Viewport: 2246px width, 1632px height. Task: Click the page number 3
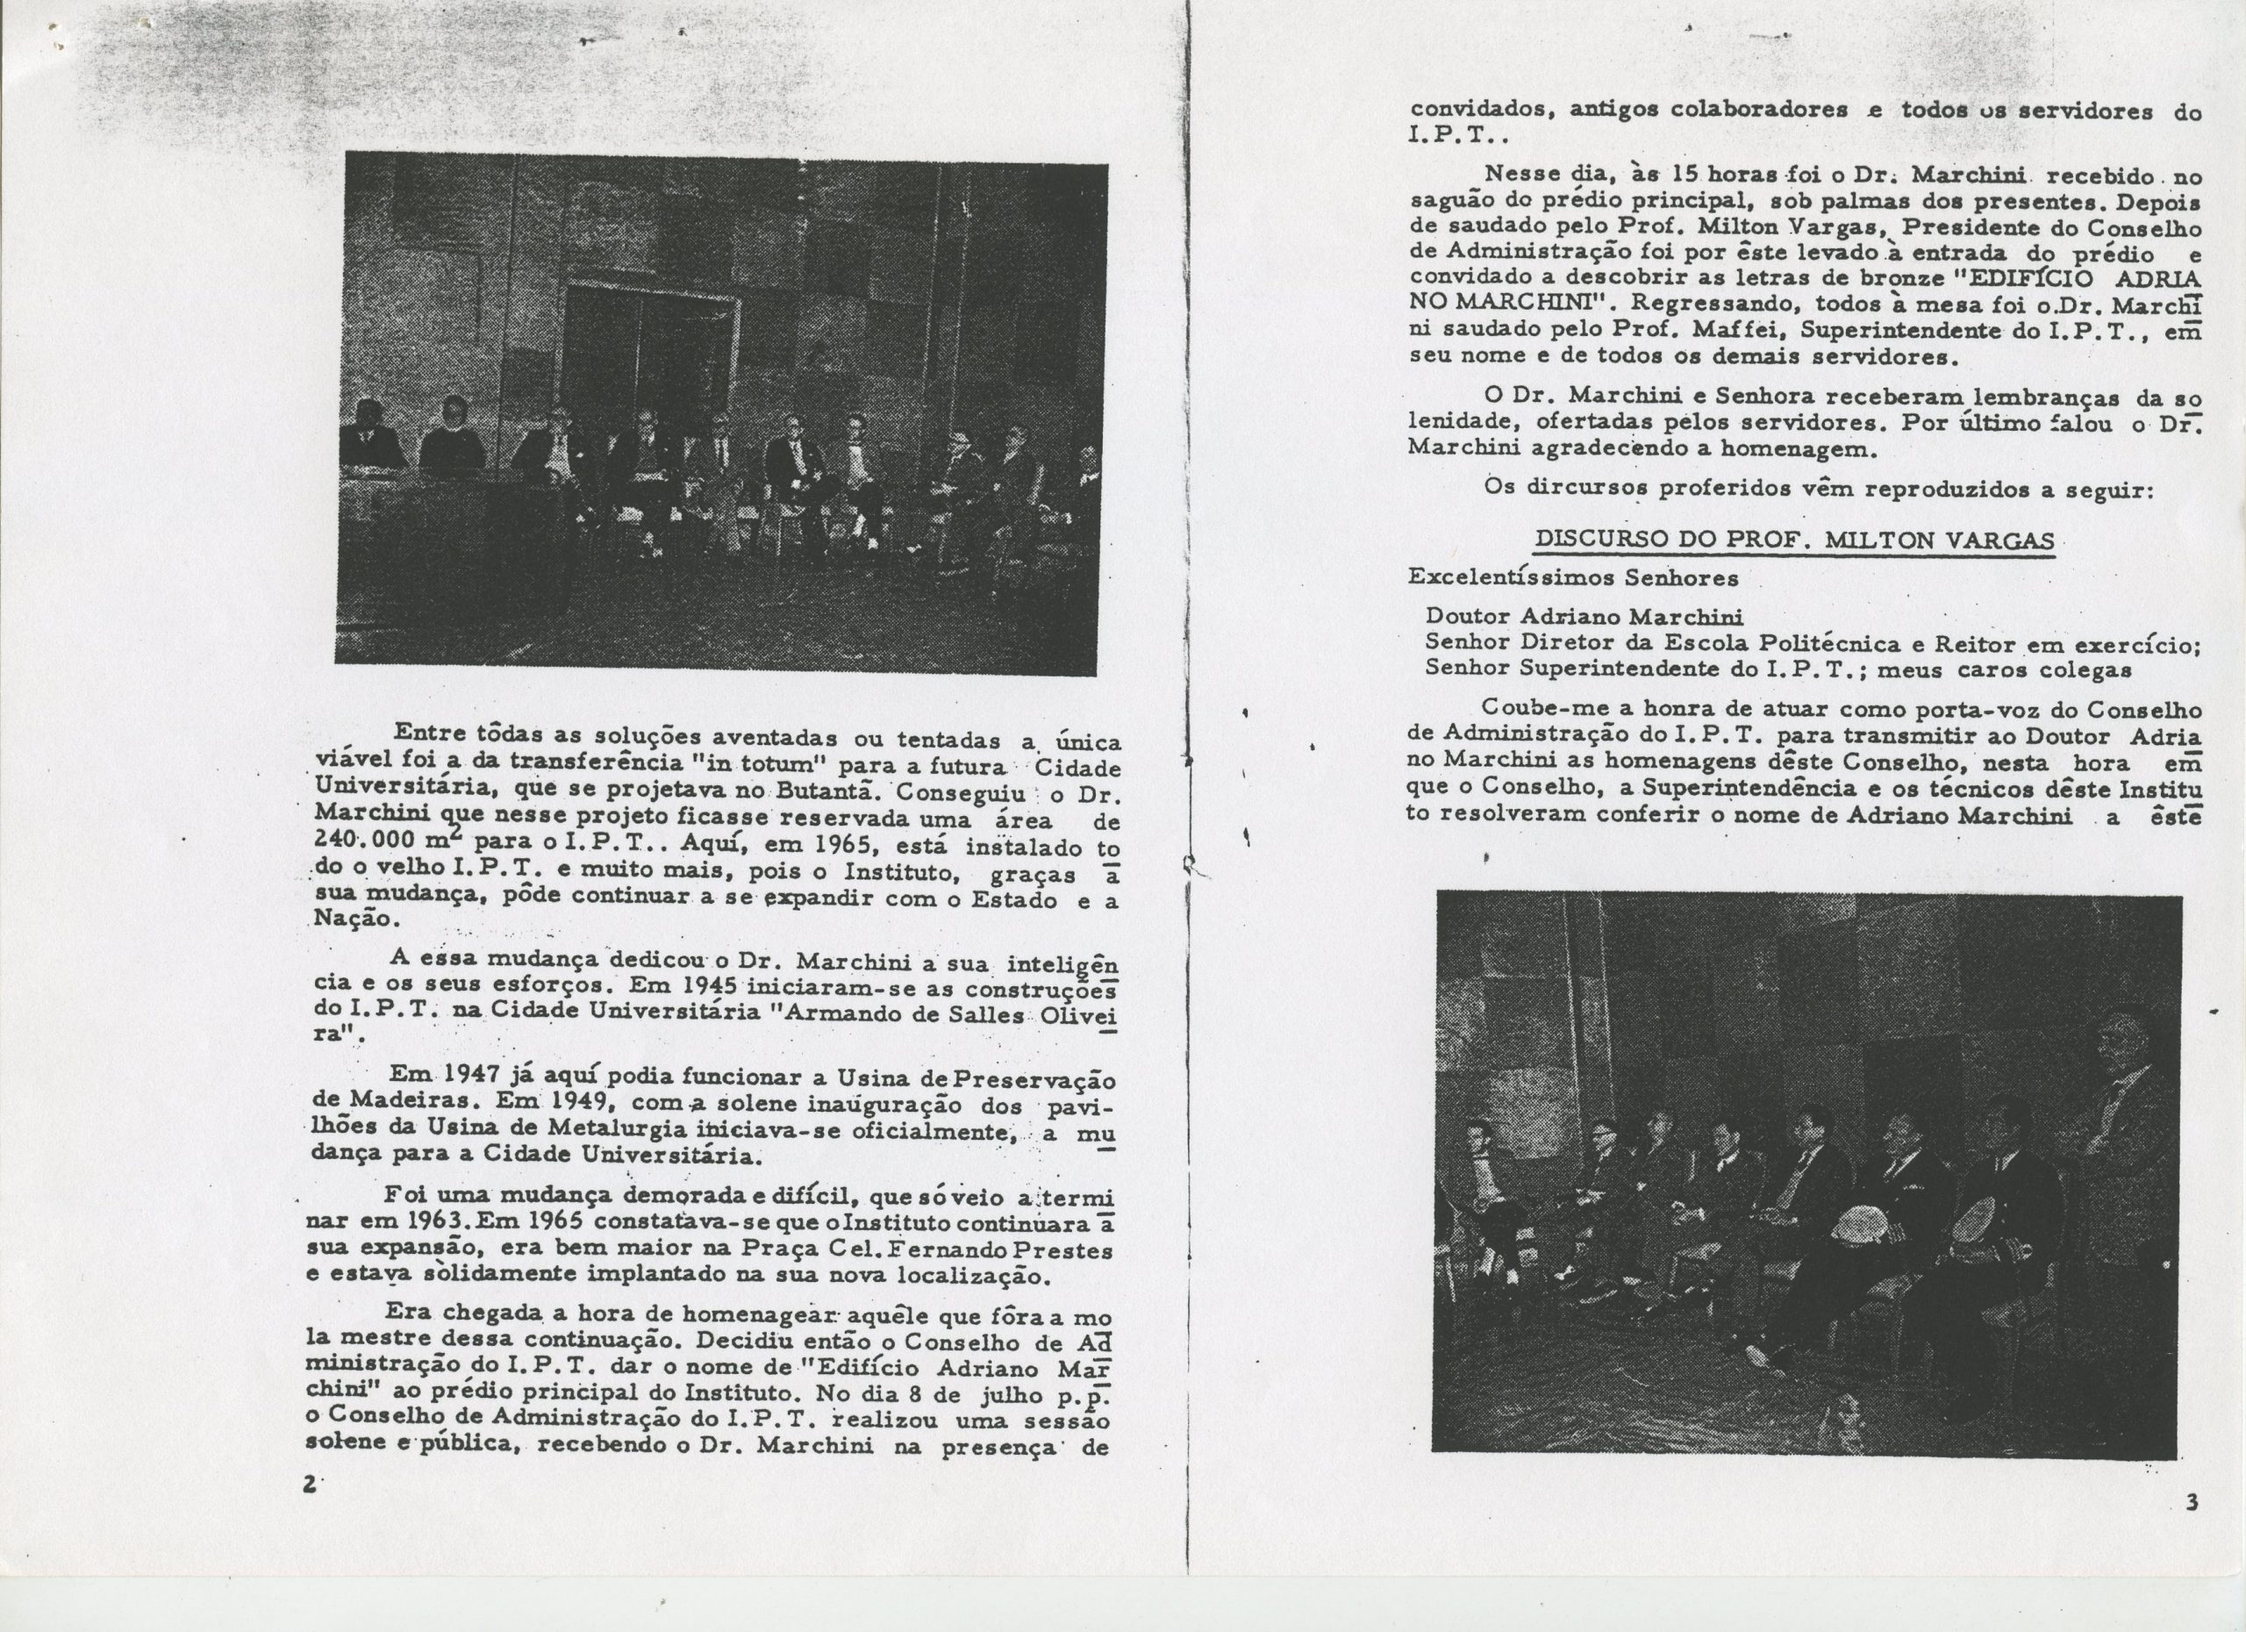coord(2192,1502)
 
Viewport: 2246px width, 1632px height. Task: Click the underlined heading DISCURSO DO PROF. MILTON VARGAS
coord(1793,540)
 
